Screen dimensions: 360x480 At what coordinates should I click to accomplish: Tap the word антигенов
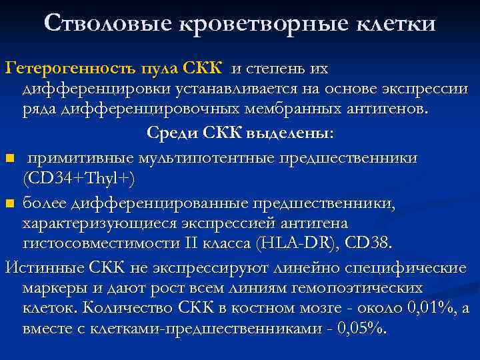click(389, 109)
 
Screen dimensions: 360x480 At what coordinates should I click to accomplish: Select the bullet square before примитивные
click(9, 159)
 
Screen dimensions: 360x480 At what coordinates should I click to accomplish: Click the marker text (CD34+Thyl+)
click(79, 179)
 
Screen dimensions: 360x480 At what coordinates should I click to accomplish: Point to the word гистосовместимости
click(103, 243)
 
